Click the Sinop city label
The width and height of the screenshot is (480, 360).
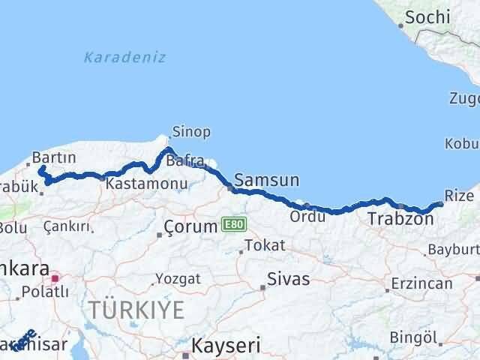[190, 132]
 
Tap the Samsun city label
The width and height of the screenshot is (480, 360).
[266, 180]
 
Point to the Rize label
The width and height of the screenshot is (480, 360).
[459, 195]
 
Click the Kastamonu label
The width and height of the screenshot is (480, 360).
[136, 183]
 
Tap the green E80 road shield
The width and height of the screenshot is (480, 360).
[231, 223]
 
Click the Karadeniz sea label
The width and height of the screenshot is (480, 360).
[124, 58]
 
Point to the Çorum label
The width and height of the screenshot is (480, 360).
[190, 226]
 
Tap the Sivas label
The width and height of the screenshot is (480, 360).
[289, 279]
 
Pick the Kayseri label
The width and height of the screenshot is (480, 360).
[226, 346]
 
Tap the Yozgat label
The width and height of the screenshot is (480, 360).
[178, 278]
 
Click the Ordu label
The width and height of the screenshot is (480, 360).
[308, 216]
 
